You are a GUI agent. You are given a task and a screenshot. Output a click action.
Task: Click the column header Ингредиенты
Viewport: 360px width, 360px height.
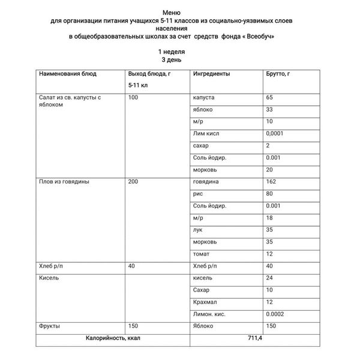212,74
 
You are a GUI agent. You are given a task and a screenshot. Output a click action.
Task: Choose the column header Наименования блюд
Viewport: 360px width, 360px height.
68,74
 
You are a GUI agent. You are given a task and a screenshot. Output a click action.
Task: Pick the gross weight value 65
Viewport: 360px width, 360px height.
269,97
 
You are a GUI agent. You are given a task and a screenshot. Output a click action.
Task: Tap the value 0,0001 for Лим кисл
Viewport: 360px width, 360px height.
275,133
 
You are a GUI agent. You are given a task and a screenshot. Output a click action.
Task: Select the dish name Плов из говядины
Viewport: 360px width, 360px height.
64,182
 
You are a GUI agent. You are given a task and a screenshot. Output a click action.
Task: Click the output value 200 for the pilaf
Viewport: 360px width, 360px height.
133,182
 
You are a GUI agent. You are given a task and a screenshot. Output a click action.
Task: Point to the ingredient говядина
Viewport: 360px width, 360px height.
206,182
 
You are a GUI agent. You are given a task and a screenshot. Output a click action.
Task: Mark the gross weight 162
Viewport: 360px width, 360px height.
271,182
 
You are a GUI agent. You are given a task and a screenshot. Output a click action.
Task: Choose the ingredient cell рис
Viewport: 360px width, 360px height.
197,194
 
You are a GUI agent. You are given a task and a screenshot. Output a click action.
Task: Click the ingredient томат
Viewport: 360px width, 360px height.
202,254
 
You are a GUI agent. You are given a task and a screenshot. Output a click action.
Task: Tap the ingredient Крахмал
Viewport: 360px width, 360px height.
205,302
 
